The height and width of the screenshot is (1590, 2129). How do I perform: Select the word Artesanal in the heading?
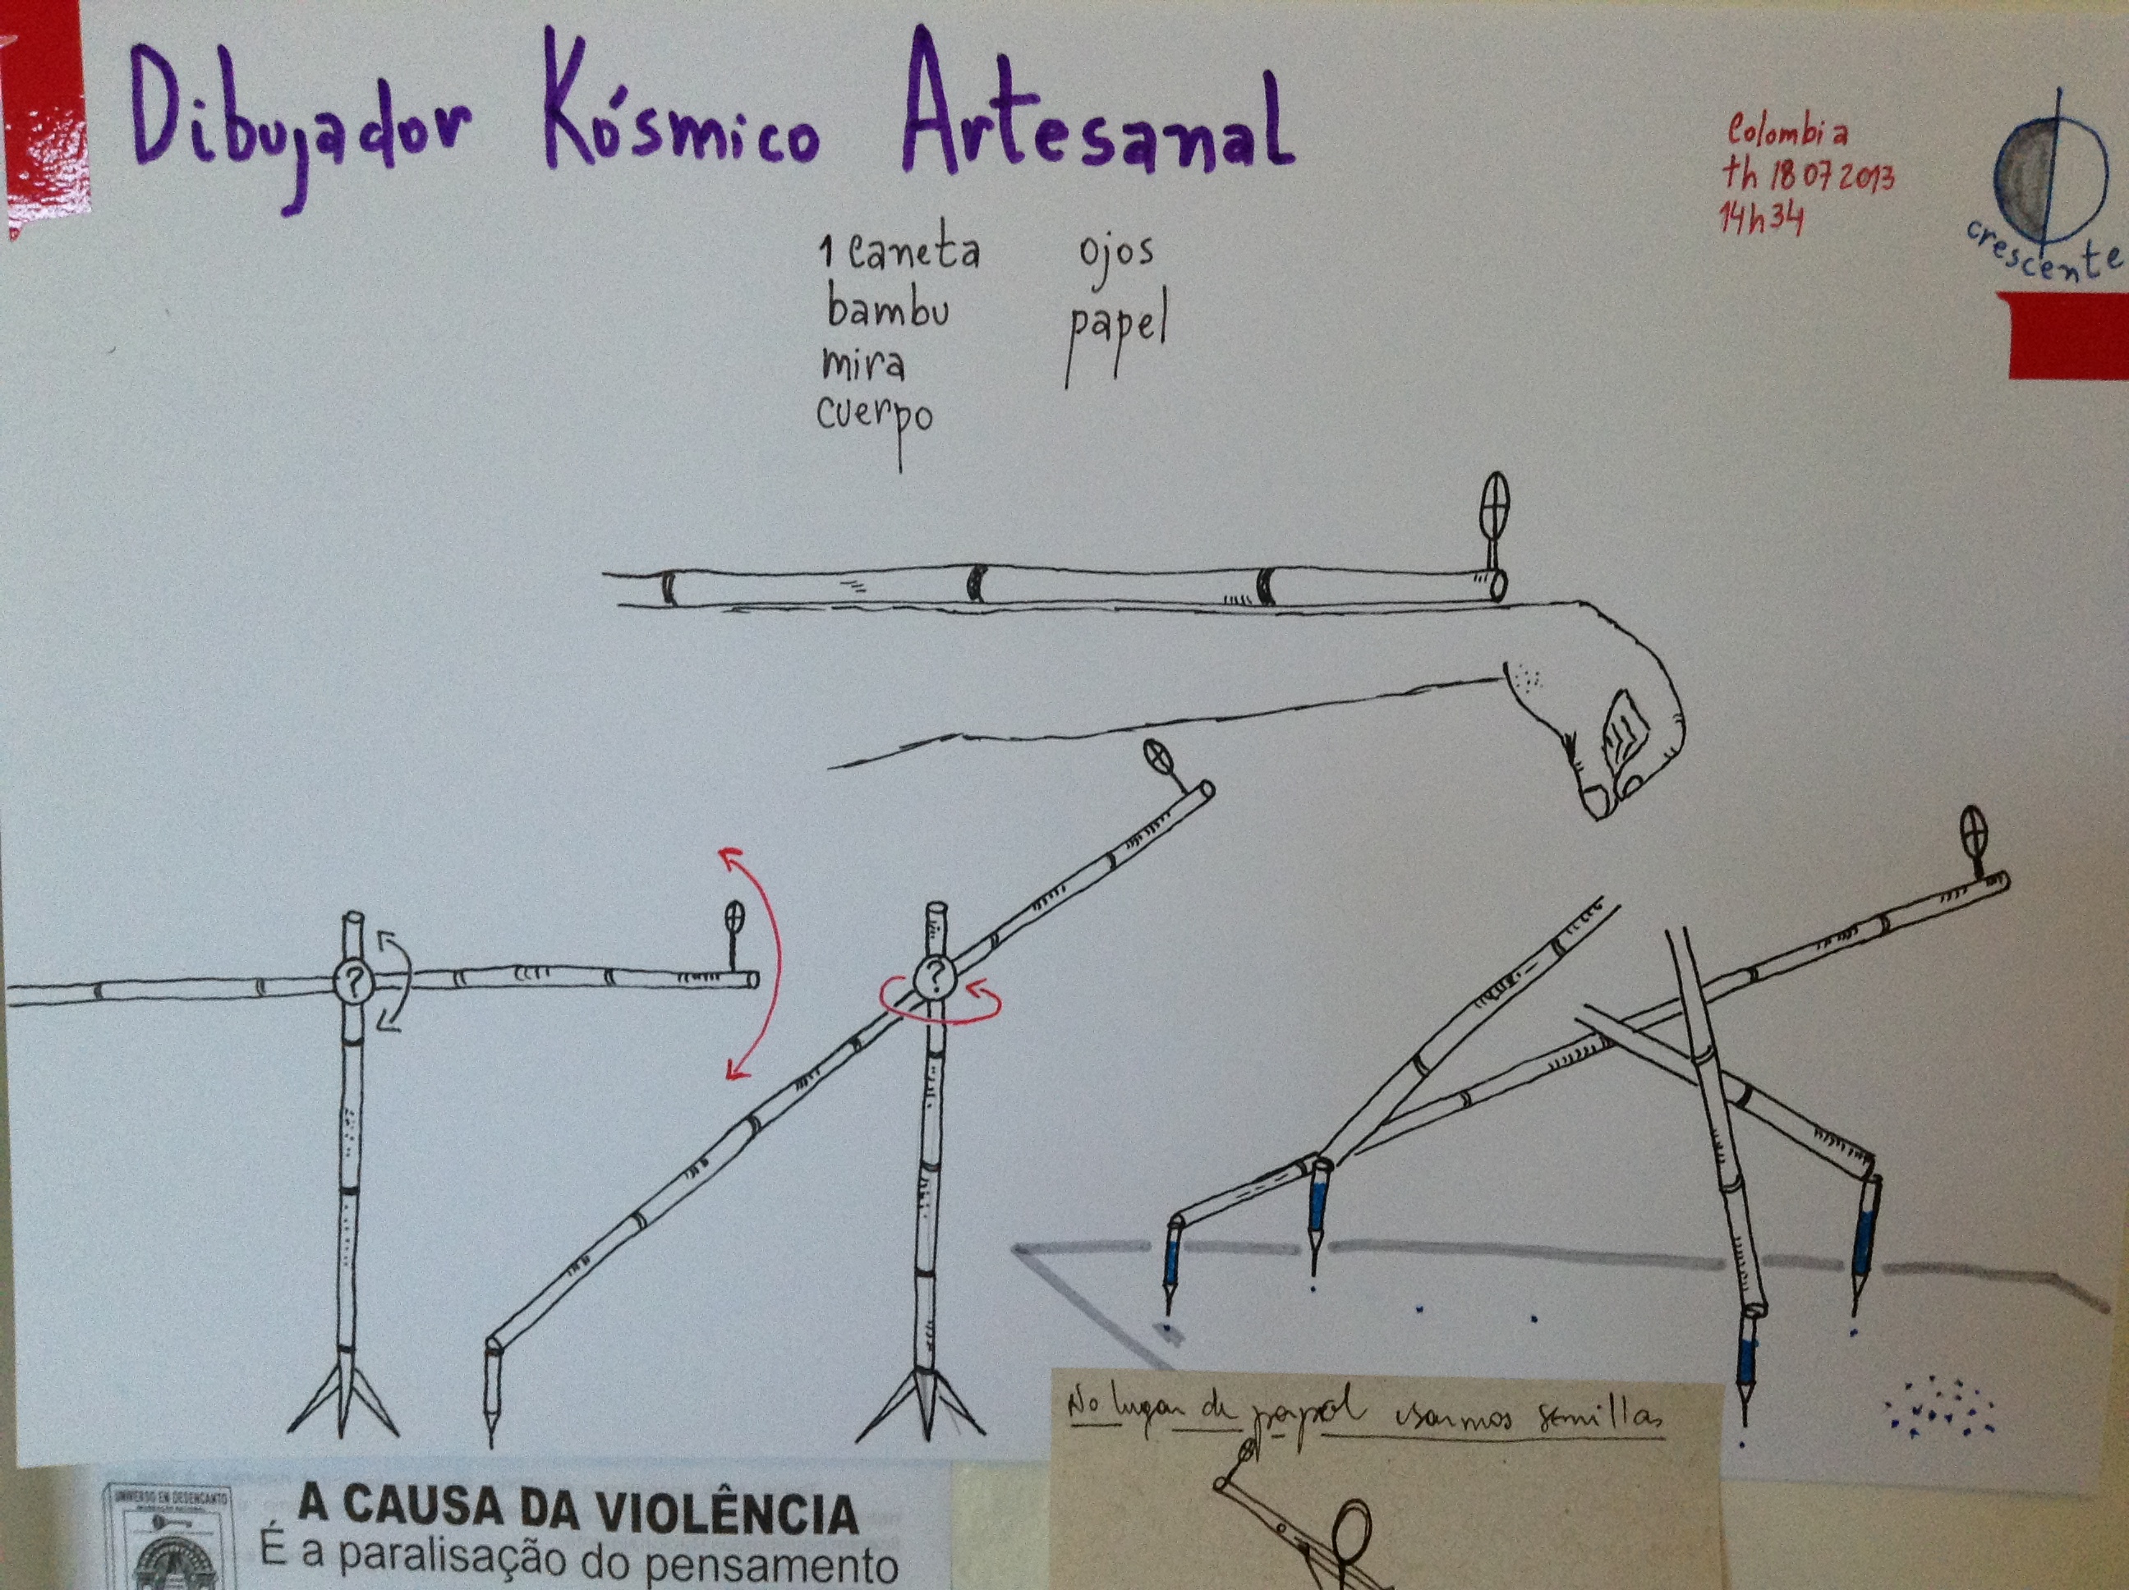tap(1097, 120)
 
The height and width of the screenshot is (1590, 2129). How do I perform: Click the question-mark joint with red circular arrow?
tap(932, 979)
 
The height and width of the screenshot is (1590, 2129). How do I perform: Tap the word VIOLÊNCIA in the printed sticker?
tap(728, 1514)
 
